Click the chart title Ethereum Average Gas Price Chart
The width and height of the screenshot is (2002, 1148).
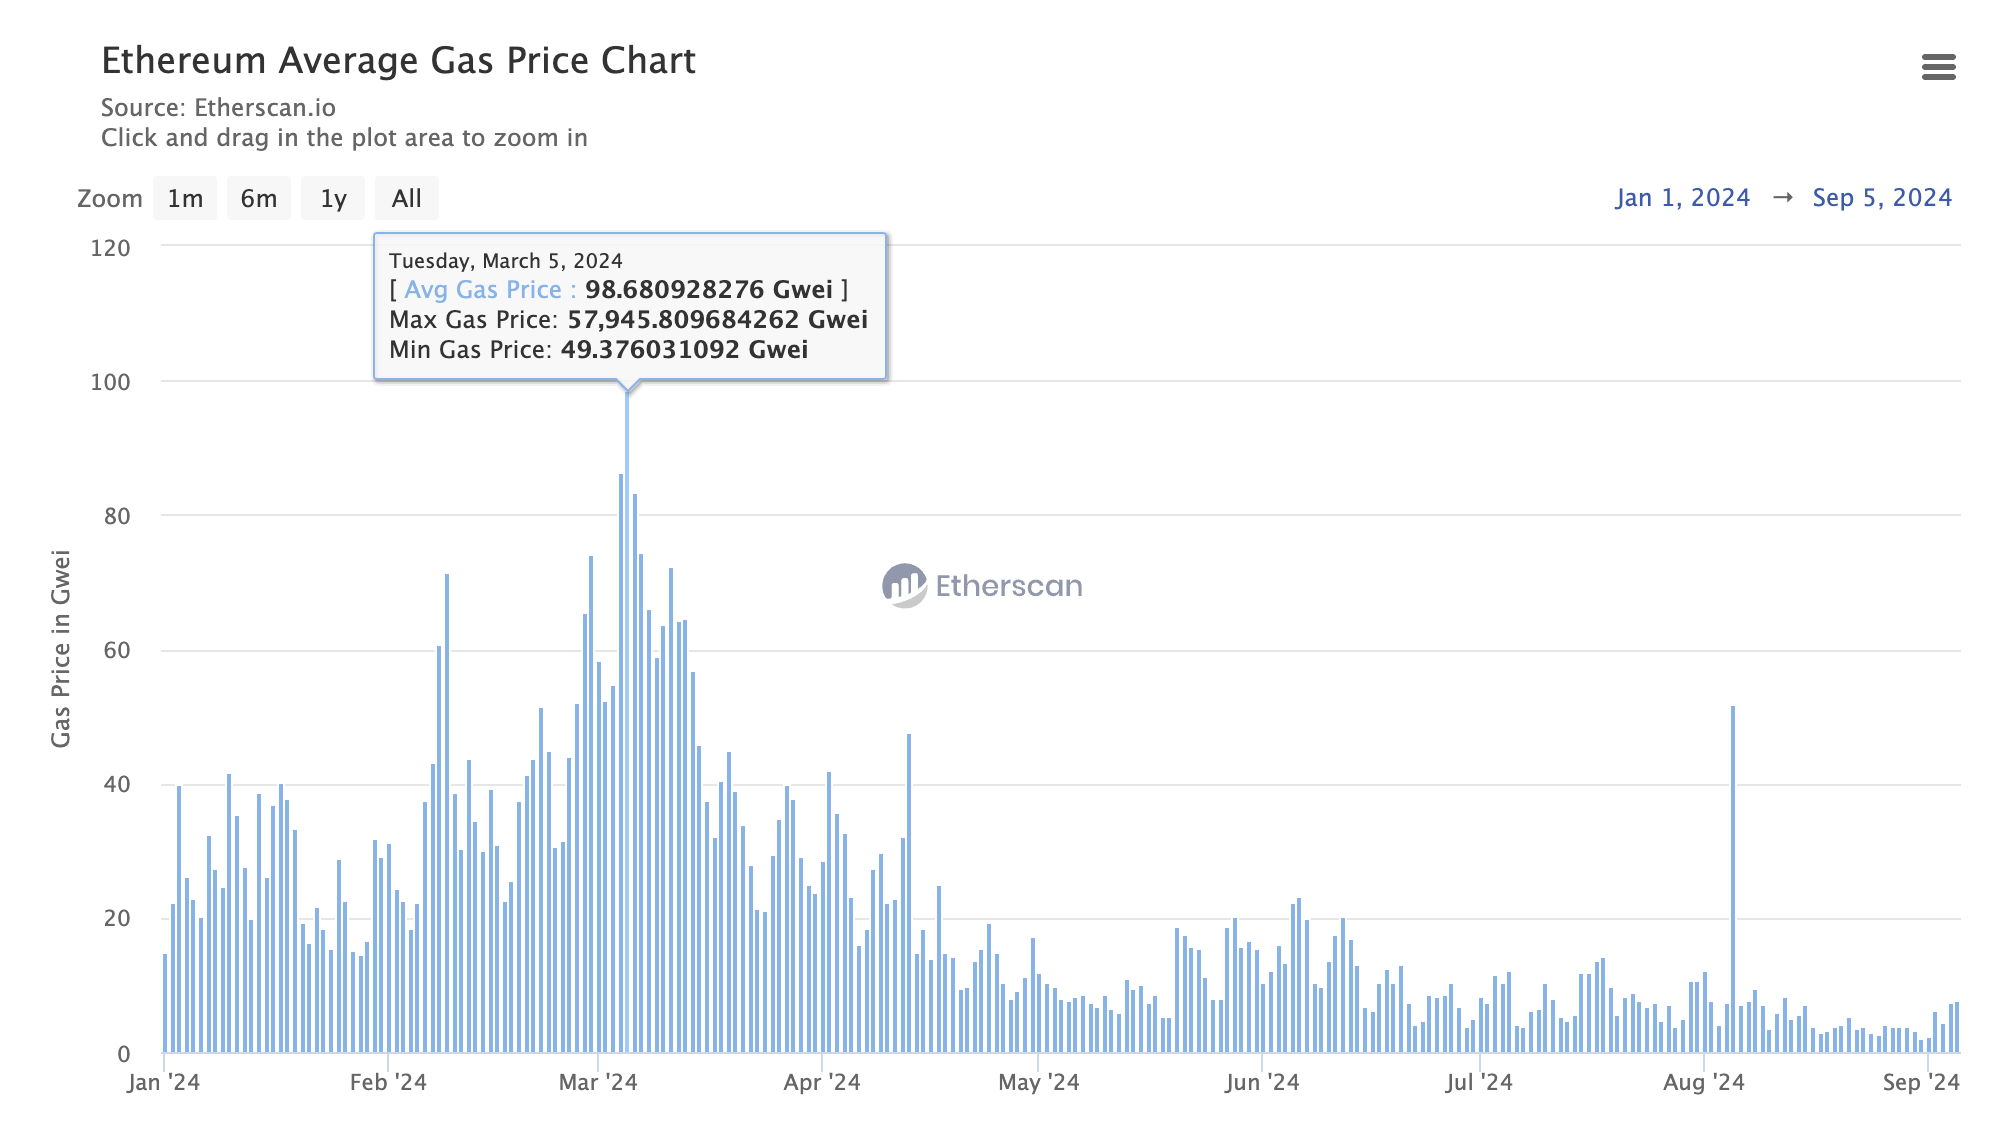[x=398, y=61]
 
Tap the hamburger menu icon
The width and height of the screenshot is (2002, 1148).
[x=1938, y=67]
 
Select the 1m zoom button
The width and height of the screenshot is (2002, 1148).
[x=185, y=199]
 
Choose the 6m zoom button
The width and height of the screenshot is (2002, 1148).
[x=259, y=199]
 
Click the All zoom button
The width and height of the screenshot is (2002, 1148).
[x=406, y=199]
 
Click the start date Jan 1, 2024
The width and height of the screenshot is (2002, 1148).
[x=1682, y=198]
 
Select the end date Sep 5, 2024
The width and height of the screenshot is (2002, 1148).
[x=1882, y=198]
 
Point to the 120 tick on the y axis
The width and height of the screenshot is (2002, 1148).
[x=110, y=248]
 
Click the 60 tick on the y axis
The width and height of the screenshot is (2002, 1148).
[x=117, y=651]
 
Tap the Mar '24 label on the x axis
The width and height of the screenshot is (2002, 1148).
[x=598, y=1082]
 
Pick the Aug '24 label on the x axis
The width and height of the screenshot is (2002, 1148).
[x=1703, y=1082]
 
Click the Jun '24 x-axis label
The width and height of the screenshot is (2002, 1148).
[x=1262, y=1082]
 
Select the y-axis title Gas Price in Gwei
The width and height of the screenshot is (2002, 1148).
[x=61, y=648]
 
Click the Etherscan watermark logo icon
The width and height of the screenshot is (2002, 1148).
[x=904, y=586]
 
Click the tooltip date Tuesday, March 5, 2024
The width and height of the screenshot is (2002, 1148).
[x=505, y=261]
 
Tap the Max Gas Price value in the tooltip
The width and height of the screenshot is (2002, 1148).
[x=717, y=320]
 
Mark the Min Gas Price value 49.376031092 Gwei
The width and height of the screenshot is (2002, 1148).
[x=684, y=350]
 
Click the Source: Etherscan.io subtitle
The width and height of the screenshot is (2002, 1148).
[x=218, y=108]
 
